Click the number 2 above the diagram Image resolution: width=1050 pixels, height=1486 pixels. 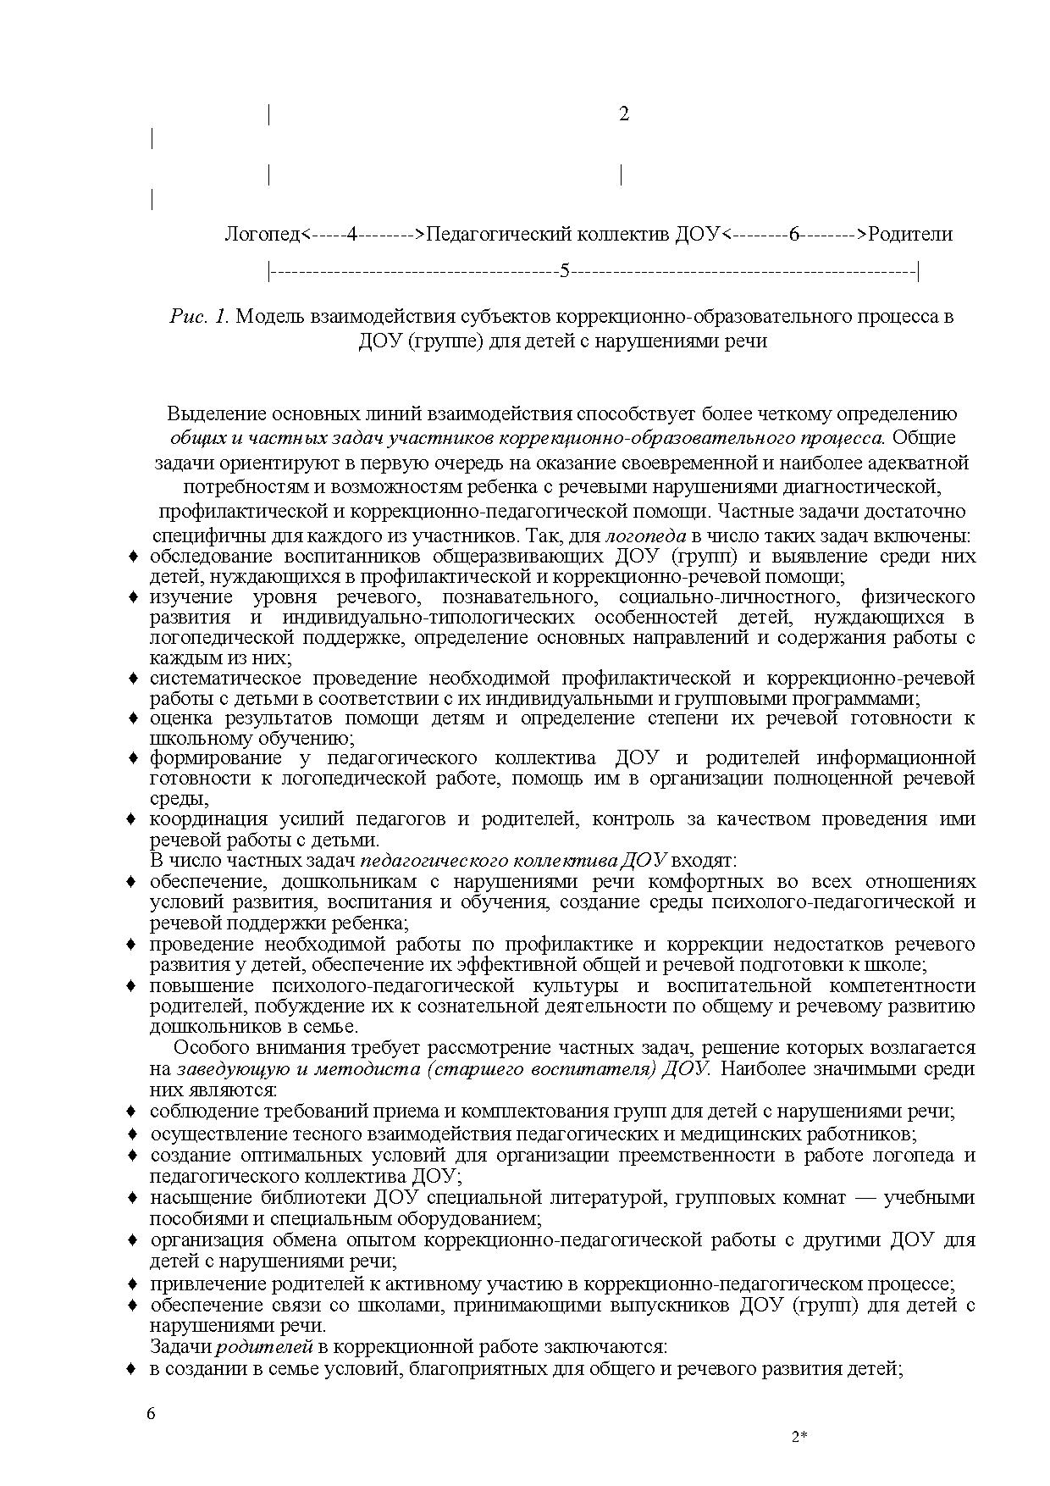point(624,114)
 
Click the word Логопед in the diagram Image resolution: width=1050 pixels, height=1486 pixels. point(262,234)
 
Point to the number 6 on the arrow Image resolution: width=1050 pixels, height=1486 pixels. point(793,234)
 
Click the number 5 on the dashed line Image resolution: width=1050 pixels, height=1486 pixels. point(565,272)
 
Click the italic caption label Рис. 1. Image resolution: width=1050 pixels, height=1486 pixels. point(199,317)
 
